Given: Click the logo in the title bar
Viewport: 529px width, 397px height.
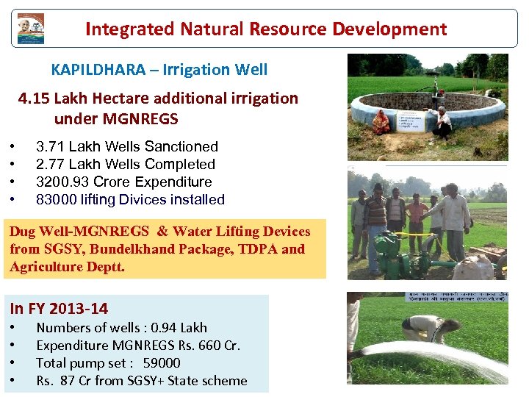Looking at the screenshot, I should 30,29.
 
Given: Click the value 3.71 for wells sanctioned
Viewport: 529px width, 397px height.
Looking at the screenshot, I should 50,147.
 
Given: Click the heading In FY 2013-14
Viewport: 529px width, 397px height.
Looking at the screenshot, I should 59,309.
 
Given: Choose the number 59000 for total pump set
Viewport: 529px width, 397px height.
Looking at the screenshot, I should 161,363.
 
